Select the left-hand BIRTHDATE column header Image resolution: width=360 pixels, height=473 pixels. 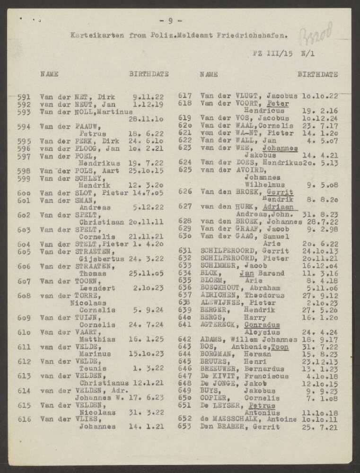(x=149, y=74)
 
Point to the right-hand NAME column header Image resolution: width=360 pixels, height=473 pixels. (x=209, y=74)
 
